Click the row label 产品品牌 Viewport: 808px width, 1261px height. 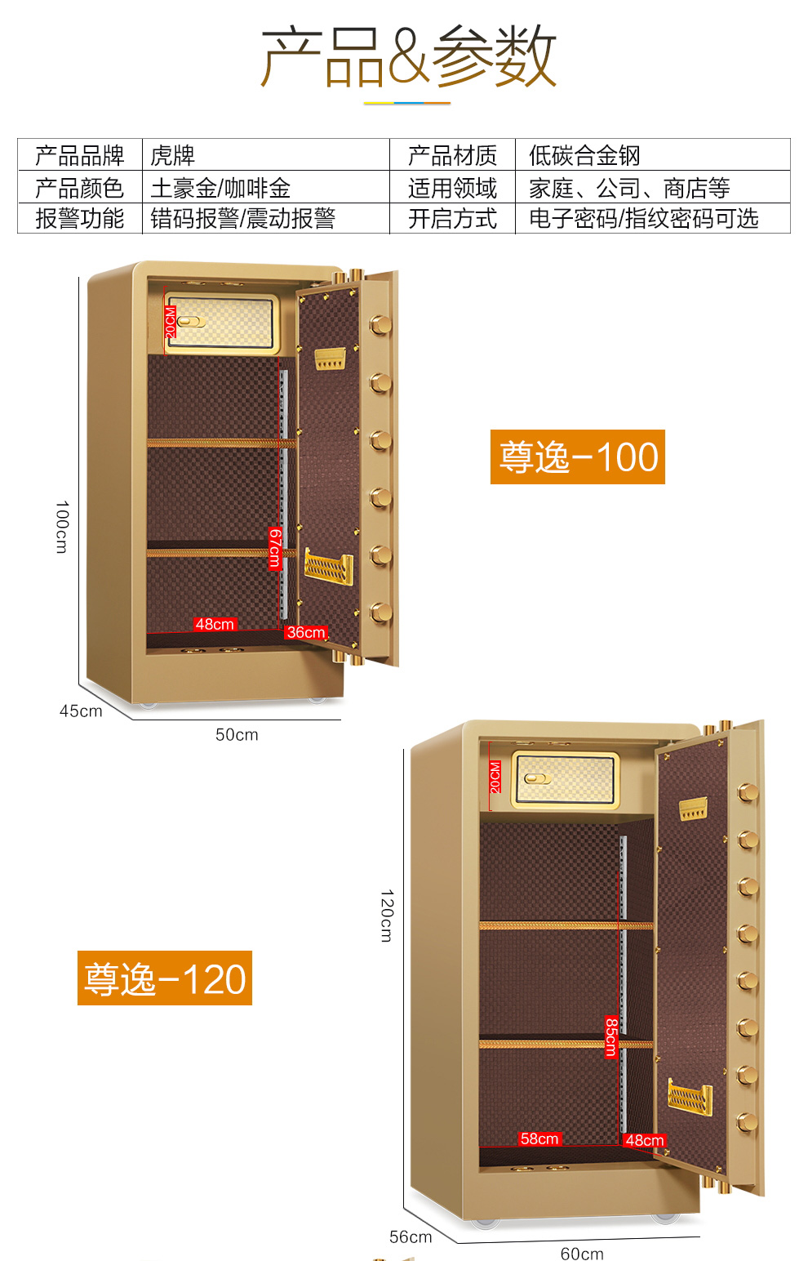80,155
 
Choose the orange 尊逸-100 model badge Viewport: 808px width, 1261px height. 578,457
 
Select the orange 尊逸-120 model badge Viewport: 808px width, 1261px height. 165,978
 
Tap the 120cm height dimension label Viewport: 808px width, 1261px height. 387,916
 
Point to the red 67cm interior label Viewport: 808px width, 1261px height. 275,548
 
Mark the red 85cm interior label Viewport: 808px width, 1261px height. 610,1037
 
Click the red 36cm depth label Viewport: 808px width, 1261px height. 306,632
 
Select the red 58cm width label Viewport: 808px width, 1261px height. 539,1138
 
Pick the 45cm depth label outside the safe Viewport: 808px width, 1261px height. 81,711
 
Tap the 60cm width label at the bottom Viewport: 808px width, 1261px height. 582,1253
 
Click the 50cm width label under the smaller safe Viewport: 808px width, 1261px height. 237,734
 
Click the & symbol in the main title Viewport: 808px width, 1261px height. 408,56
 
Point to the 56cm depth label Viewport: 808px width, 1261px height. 411,1236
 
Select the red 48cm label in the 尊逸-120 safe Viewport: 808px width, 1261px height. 645,1140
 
